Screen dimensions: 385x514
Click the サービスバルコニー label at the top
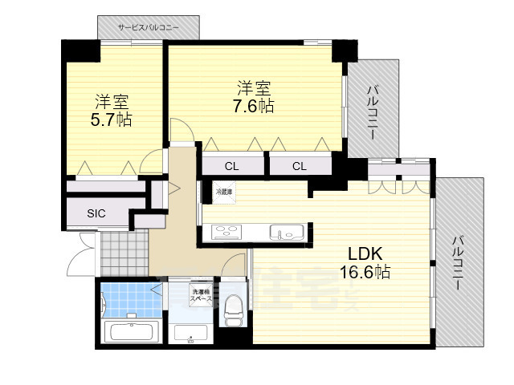pyautogui.click(x=149, y=27)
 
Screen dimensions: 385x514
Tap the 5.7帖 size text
pyautogui.click(x=111, y=120)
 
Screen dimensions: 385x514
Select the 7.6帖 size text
pyautogui.click(x=255, y=106)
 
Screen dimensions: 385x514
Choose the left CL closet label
pyautogui.click(x=231, y=167)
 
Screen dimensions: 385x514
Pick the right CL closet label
pyautogui.click(x=299, y=167)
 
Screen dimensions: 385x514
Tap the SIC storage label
pyautogui.click(x=96, y=213)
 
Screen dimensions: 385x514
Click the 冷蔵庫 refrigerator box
pyautogui.click(x=223, y=192)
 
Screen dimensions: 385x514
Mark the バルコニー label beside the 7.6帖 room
pyautogui.click(x=373, y=113)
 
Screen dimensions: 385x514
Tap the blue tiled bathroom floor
pyautogui.click(x=124, y=300)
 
